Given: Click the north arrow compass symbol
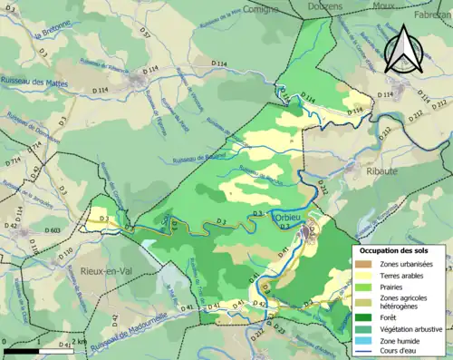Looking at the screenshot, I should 401,48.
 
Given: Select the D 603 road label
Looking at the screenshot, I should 31,231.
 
